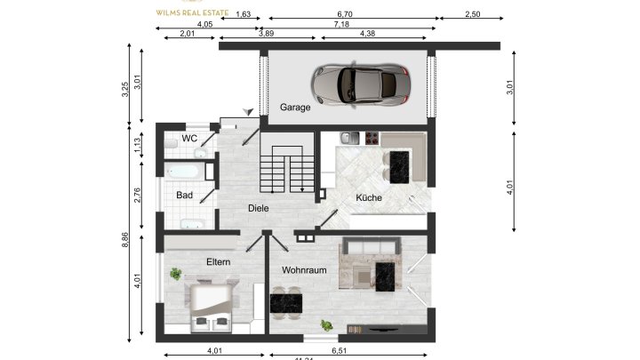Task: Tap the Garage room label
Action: click(295, 108)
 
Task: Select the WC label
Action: click(189, 139)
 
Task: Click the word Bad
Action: click(184, 195)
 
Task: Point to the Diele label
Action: click(259, 208)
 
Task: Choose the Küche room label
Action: click(369, 197)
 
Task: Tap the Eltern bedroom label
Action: click(219, 262)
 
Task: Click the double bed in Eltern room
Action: click(213, 306)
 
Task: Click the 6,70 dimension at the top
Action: click(346, 15)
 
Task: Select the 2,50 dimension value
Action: click(472, 15)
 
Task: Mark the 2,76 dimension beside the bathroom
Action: click(138, 196)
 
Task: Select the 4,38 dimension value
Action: click(367, 34)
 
